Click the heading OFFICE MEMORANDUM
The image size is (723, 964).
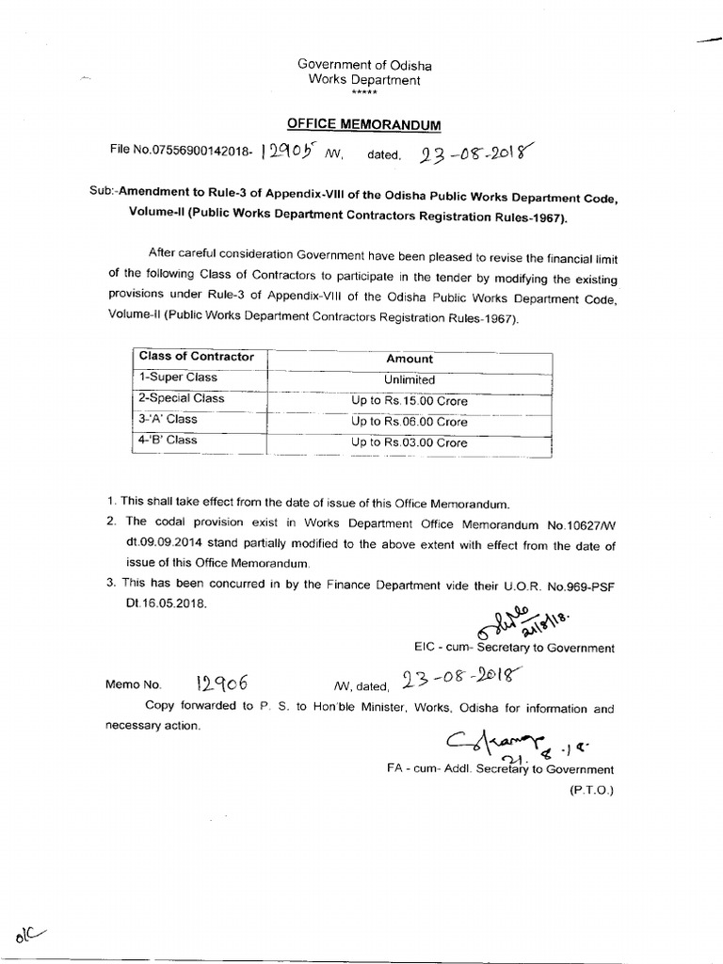pyautogui.click(x=363, y=125)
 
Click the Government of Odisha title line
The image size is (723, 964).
pyautogui.click(x=364, y=64)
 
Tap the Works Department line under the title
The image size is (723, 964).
pyautogui.click(x=364, y=80)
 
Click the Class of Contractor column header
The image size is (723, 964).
pyautogui.click(x=197, y=357)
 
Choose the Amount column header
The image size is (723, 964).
pyautogui.click(x=410, y=359)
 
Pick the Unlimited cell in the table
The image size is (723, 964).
pyautogui.click(x=410, y=379)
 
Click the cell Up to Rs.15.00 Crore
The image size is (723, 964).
pyautogui.click(x=410, y=401)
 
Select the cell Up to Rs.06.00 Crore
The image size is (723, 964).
pyautogui.click(x=410, y=422)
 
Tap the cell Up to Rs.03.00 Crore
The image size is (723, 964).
pyautogui.click(x=410, y=442)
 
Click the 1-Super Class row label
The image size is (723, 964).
pyautogui.click(x=178, y=378)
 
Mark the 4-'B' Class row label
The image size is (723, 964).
pyautogui.click(x=169, y=440)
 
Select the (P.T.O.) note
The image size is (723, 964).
pyautogui.click(x=589, y=790)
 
